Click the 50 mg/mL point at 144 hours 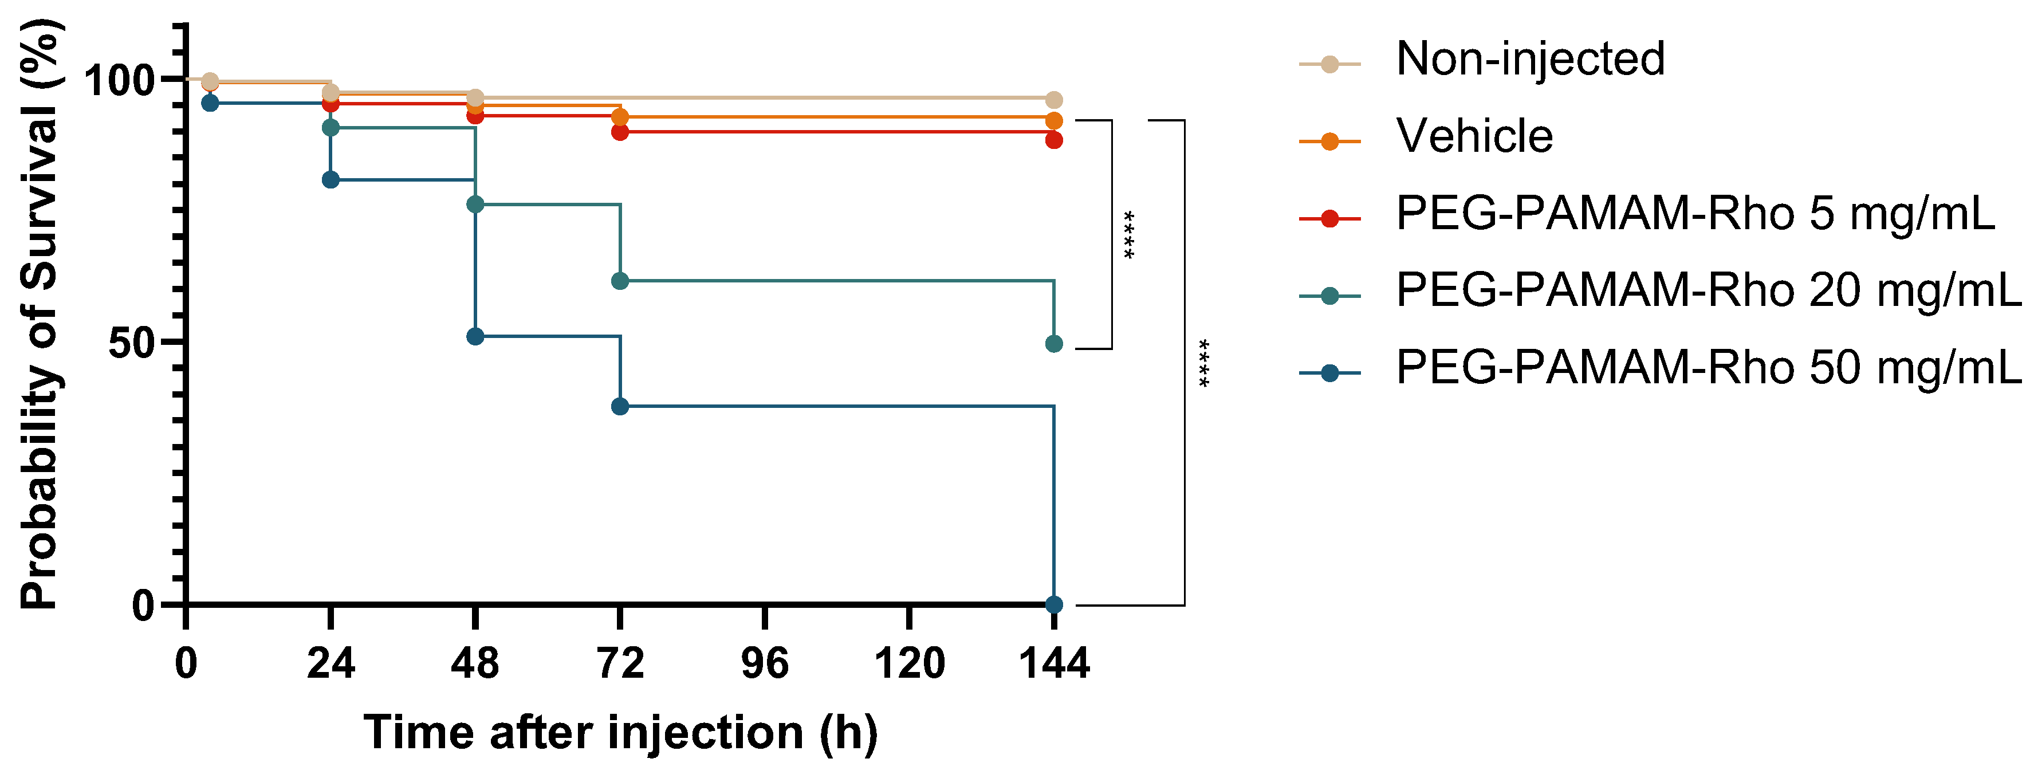(x=1053, y=605)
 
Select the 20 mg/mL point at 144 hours (x=1053, y=344)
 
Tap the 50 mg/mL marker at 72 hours (x=620, y=406)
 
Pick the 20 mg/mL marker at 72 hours (x=620, y=280)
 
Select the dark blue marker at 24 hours (x=331, y=179)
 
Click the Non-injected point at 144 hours (x=1053, y=100)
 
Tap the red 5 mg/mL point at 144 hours (x=1053, y=140)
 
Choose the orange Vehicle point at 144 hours (x=1053, y=121)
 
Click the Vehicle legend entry (x=1473, y=136)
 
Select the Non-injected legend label (x=1529, y=59)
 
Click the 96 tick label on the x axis (x=764, y=663)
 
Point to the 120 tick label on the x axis (x=909, y=663)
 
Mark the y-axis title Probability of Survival (x=40, y=316)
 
